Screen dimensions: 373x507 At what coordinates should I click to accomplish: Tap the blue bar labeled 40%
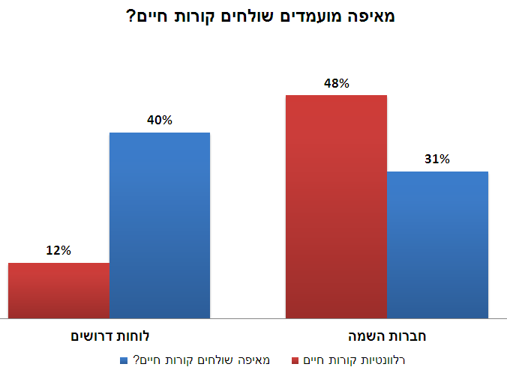tap(160, 225)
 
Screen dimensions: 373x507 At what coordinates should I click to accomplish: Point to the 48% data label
tap(336, 84)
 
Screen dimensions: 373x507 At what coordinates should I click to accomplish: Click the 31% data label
tap(436, 160)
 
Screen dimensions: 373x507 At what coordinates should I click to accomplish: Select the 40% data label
tap(160, 121)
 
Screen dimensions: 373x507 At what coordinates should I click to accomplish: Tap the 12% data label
tap(58, 251)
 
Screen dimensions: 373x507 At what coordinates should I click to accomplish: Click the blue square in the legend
tap(124, 360)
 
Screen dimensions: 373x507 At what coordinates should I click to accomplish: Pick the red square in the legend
tap(295, 360)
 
